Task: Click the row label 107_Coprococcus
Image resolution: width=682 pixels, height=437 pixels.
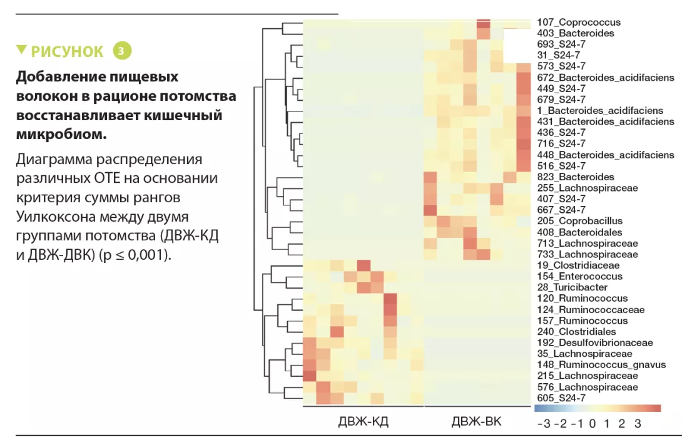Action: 579,23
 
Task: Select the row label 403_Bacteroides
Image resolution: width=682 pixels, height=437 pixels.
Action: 576,33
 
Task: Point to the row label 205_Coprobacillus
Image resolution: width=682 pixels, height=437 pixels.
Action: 580,221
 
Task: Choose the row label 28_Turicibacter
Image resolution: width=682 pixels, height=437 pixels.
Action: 572,287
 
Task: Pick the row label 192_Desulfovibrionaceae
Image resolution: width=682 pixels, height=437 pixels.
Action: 595,342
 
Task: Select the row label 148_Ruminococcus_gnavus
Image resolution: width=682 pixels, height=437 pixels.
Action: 597,365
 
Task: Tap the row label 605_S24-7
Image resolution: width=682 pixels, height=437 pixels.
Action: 561,398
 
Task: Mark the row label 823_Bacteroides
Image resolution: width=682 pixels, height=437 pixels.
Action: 576,177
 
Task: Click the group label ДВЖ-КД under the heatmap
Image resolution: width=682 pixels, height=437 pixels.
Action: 363,421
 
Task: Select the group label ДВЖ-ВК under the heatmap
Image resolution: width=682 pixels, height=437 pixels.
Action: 476,421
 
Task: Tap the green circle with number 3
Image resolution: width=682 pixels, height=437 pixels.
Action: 123,51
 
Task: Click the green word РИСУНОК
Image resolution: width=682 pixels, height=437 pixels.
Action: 67,51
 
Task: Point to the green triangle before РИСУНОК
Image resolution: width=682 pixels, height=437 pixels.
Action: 22,49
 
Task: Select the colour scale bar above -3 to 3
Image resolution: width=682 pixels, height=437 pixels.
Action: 597,408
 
